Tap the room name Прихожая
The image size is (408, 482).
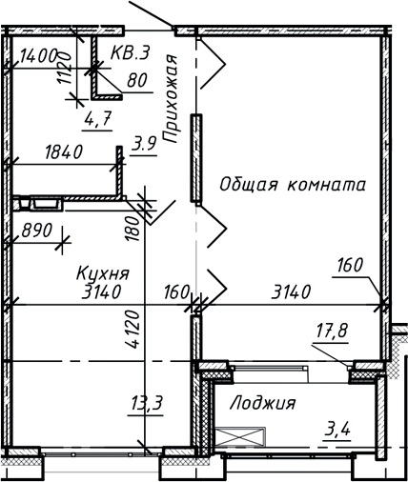(173, 99)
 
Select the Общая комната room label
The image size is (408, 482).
(292, 185)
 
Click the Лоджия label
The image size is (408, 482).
(262, 403)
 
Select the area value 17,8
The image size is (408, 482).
(332, 332)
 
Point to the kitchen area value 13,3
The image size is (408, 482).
(147, 404)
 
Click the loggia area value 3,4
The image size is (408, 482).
(337, 429)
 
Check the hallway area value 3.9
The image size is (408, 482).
(144, 144)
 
